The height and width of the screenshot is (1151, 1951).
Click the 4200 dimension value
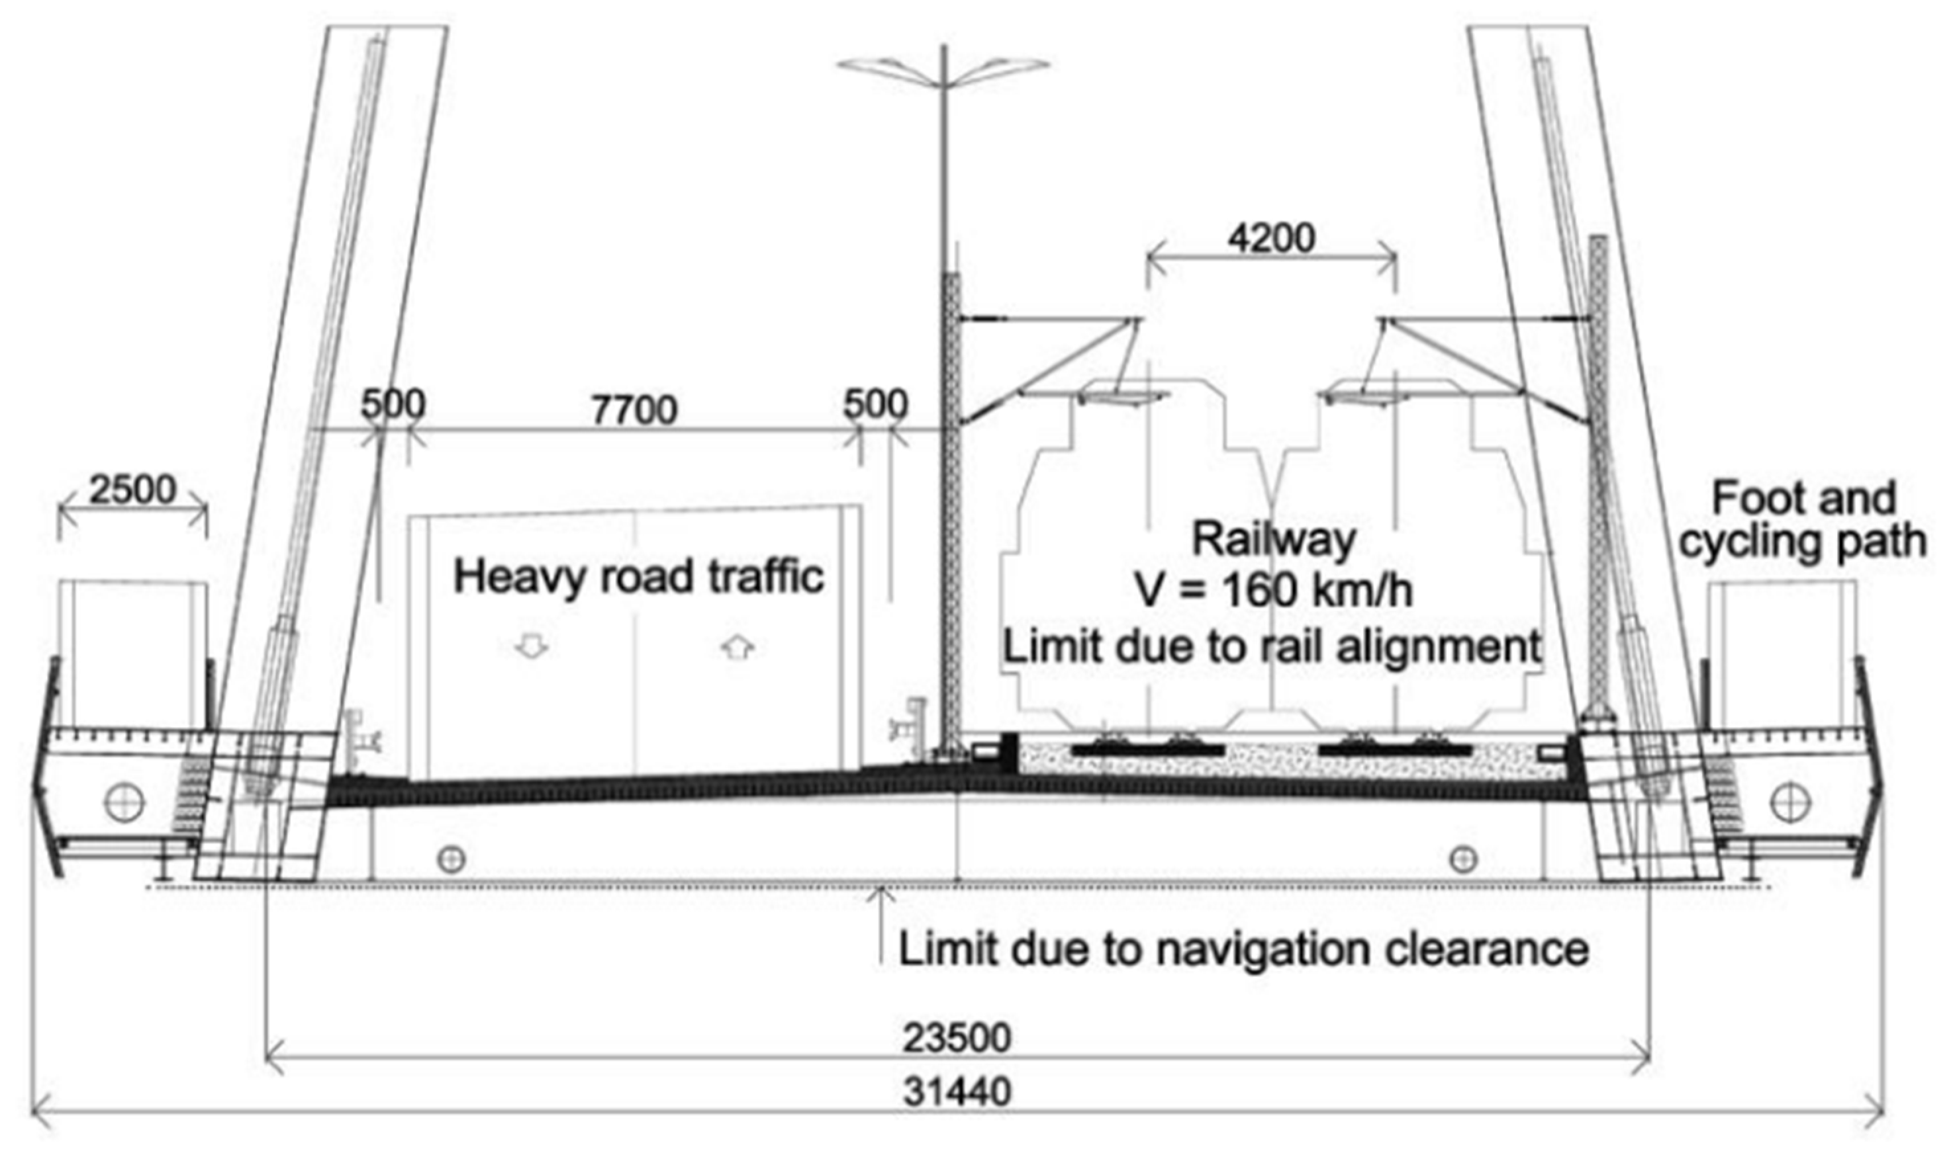tap(1271, 237)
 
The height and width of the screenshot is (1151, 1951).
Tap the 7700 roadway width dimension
tap(634, 409)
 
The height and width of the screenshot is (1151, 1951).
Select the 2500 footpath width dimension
tap(132, 490)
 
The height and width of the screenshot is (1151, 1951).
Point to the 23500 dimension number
tap(957, 1038)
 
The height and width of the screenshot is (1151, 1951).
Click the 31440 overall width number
tap(957, 1093)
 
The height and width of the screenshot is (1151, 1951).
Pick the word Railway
tap(1274, 539)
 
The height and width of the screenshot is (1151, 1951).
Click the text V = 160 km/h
tap(1274, 591)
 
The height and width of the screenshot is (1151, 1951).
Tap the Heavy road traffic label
tap(638, 578)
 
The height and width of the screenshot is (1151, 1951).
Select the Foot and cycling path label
tap(1802, 520)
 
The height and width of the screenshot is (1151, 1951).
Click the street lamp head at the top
tap(943, 67)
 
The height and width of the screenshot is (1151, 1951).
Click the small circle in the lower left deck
tap(451, 859)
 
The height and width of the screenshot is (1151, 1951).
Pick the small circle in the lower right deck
tap(1463, 859)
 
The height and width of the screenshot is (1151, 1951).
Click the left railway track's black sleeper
tap(1147, 749)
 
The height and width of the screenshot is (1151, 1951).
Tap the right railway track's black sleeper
tap(1396, 749)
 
